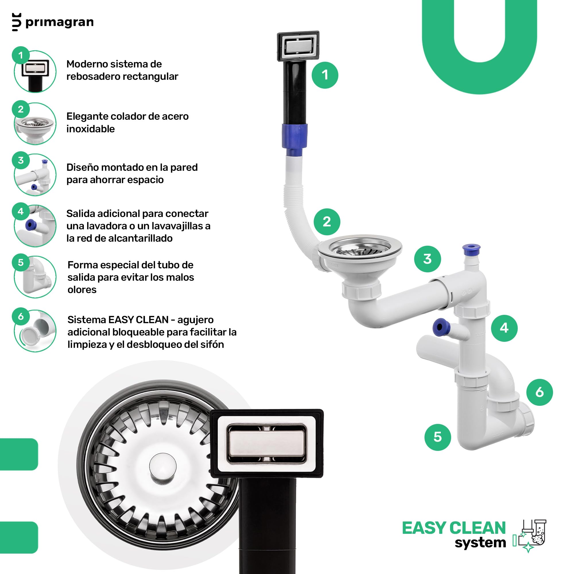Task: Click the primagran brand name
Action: pyautogui.click(x=59, y=23)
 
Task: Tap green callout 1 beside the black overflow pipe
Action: pyautogui.click(x=325, y=75)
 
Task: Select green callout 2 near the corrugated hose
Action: pyautogui.click(x=327, y=222)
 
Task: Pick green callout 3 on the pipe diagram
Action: pyautogui.click(x=427, y=259)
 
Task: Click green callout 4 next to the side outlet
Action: pyautogui.click(x=504, y=328)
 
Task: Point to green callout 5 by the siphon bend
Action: pyautogui.click(x=438, y=437)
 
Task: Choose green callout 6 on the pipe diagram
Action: pyautogui.click(x=540, y=392)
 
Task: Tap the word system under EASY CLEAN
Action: pyautogui.click(x=480, y=542)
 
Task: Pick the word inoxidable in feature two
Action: pyautogui.click(x=91, y=129)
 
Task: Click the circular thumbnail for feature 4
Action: pyautogui.click(x=35, y=226)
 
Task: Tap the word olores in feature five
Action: pyautogui.click(x=82, y=289)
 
